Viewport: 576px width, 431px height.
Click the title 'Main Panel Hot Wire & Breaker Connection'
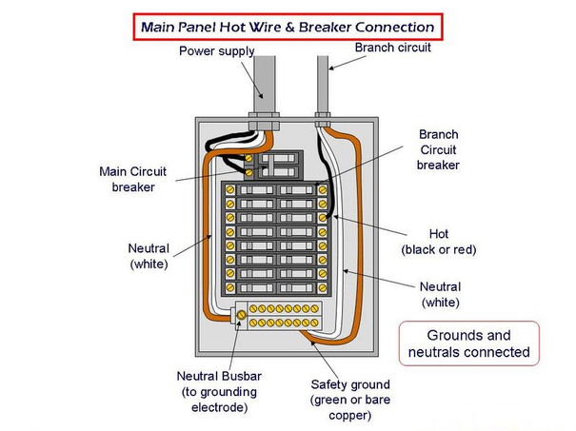tap(288, 26)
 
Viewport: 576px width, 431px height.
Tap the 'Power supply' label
tap(216, 50)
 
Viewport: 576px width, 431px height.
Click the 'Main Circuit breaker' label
tap(133, 179)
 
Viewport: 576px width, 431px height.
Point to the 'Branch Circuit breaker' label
tap(438, 150)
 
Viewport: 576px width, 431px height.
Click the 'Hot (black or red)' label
tap(438, 241)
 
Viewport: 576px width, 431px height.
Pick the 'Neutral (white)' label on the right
tap(440, 294)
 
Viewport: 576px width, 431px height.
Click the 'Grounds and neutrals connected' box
tap(467, 343)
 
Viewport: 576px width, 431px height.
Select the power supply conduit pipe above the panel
tap(264, 86)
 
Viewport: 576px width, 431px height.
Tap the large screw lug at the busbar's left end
tap(242, 313)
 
